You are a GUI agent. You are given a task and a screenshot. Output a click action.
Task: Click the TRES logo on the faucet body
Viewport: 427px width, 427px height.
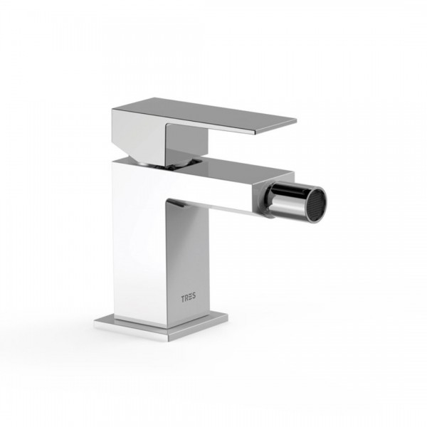(189, 298)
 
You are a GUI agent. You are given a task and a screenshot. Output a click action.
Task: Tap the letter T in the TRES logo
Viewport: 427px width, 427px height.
(183, 298)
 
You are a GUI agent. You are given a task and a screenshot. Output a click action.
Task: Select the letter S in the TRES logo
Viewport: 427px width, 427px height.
(194, 297)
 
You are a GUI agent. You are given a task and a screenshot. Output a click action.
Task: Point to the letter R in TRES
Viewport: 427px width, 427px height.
(186, 298)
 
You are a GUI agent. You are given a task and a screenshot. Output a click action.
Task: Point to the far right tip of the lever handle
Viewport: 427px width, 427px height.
(297, 120)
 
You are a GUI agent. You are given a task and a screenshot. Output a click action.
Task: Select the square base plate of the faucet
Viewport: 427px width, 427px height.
(162, 327)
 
